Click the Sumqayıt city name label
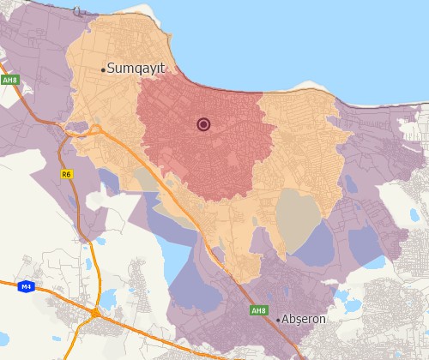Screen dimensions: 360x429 coord(136,69)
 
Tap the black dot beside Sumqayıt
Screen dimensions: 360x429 coord(104,69)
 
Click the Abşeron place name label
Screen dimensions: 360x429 coord(305,319)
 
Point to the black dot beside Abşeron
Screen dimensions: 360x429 coord(279,319)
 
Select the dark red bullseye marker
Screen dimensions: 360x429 coord(203,124)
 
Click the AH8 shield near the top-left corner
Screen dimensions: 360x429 coord(9,80)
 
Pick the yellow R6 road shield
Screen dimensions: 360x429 coord(67,174)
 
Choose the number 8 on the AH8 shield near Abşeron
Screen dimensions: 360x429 coord(263,310)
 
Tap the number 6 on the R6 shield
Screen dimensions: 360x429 coord(69,174)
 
